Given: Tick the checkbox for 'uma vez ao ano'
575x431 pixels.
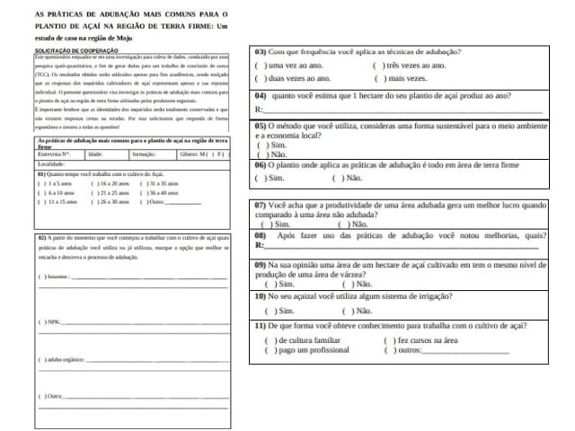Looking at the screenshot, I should [260, 66].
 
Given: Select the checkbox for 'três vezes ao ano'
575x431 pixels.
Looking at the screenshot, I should [377, 66].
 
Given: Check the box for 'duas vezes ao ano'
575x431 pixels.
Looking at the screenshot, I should [260, 79].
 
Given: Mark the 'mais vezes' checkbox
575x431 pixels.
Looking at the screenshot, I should [377, 79].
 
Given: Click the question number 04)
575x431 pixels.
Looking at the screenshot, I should [263, 94].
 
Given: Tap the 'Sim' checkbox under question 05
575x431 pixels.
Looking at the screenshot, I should [261, 145].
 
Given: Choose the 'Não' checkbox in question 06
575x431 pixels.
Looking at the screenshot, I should [339, 178].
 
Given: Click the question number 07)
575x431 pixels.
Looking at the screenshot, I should [263, 206].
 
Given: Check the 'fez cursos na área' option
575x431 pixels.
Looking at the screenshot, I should [388, 341].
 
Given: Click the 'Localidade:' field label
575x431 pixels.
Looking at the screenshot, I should [51, 164].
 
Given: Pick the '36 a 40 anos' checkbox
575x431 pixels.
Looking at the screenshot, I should [146, 192].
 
